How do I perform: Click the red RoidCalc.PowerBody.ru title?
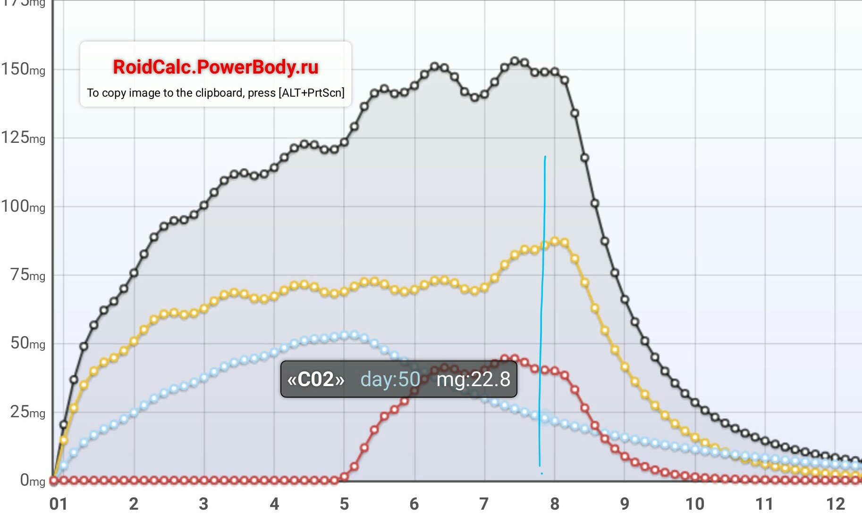tap(215, 67)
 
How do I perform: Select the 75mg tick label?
tap(28, 275)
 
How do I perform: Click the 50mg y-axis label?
tap(28, 343)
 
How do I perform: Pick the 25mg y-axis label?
tap(28, 412)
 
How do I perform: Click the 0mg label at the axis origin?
tap(32, 480)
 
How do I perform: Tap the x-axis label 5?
tap(344, 504)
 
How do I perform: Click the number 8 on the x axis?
tap(555, 504)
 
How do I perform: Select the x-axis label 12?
tap(835, 504)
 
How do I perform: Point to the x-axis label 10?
tap(695, 504)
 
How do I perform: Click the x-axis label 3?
tap(203, 504)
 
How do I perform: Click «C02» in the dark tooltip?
tap(316, 380)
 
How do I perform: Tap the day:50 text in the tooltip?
tap(390, 380)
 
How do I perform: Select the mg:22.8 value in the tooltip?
tap(473, 380)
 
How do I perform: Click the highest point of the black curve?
tap(515, 61)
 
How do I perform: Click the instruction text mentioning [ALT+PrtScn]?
tap(215, 93)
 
